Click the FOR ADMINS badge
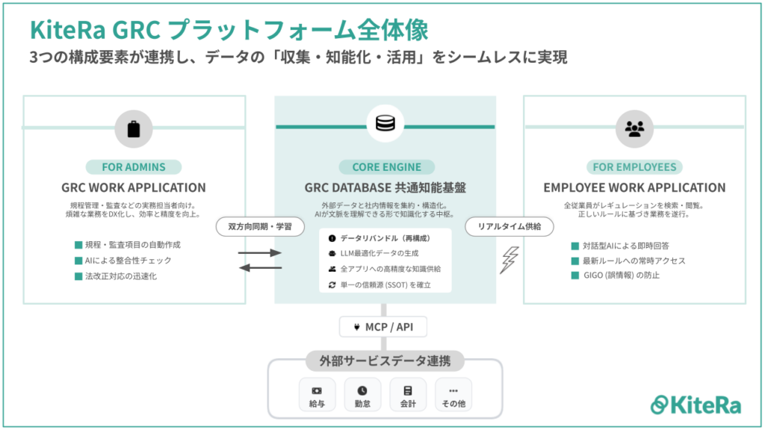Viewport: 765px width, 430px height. (134, 166)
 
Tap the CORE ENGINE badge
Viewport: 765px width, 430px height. (386, 166)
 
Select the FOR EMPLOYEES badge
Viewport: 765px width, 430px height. (634, 166)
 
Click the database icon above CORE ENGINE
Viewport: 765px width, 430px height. (386, 123)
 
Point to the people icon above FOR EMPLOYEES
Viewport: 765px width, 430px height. (634, 128)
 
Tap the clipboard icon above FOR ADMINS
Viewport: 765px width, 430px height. (134, 128)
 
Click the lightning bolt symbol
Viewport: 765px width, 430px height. (510, 260)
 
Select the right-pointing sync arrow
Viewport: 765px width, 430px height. (259, 253)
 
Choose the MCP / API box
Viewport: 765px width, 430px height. (385, 327)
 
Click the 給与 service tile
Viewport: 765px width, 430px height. (317, 395)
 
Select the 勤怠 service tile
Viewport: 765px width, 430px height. (362, 395)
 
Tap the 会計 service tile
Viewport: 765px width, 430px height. (408, 395)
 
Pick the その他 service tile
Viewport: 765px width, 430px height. (453, 395)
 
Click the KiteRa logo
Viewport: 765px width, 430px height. (696, 404)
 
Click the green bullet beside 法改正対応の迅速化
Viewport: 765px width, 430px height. (78, 276)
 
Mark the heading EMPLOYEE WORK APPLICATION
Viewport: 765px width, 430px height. (634, 187)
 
